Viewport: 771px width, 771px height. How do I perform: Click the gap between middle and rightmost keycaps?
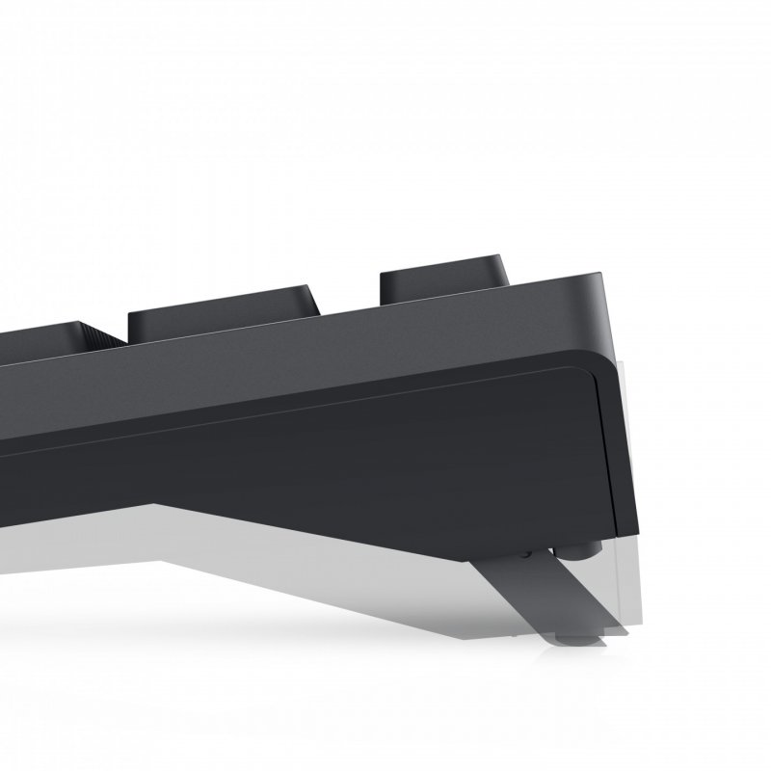click(347, 289)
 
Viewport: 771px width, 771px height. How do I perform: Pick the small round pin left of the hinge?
click(525, 555)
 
